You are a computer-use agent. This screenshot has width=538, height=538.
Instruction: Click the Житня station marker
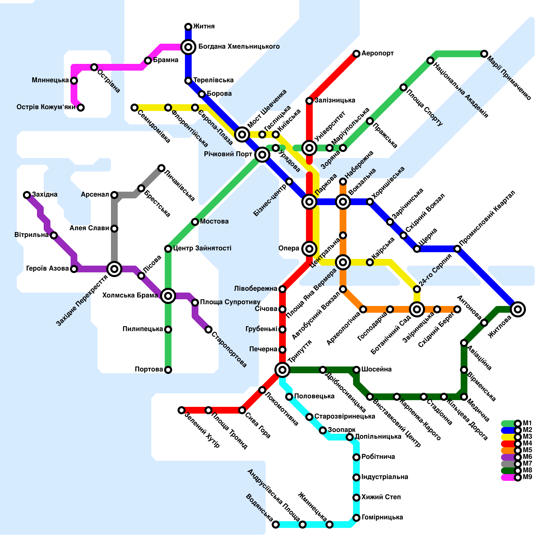click(188, 27)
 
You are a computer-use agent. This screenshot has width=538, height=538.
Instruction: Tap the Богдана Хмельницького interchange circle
click(188, 47)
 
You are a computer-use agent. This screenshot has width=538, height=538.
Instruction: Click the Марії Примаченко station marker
click(484, 54)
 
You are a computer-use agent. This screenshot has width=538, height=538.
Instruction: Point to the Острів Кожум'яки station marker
click(81, 108)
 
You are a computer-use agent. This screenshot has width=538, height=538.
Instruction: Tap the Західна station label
click(45, 195)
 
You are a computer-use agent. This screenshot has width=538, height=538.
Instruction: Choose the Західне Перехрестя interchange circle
click(114, 269)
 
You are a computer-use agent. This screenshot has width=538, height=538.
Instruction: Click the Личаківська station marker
click(161, 168)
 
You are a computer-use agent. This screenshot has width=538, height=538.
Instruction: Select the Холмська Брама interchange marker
click(168, 296)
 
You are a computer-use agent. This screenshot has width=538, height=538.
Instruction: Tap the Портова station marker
click(168, 370)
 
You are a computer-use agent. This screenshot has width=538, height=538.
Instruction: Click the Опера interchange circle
click(309, 249)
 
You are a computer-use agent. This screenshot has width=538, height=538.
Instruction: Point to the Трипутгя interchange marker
click(282, 370)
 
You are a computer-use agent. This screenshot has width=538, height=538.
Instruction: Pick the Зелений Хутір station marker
click(182, 410)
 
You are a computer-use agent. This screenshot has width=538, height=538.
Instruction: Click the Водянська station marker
click(276, 525)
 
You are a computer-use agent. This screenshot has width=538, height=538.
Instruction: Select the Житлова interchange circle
click(518, 309)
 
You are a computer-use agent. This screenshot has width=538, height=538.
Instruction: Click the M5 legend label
click(527, 450)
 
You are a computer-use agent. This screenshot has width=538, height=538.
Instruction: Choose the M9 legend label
click(527, 477)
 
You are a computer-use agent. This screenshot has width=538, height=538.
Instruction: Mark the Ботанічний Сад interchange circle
click(417, 309)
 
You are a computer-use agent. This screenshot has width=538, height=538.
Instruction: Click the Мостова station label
click(214, 222)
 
